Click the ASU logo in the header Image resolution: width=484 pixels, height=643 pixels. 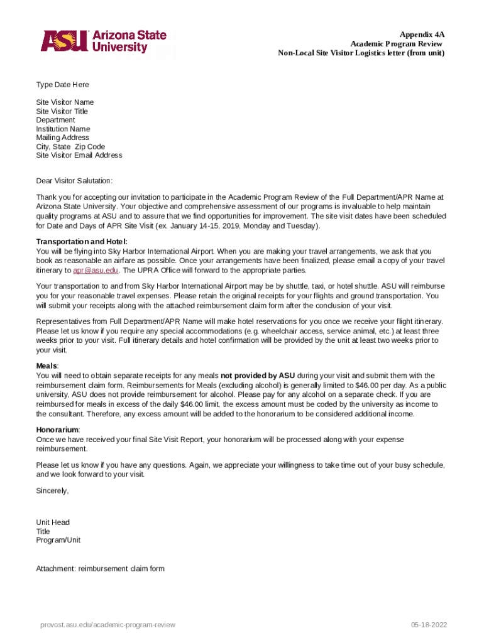tap(104, 41)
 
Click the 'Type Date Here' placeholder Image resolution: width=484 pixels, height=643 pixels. tap(62, 85)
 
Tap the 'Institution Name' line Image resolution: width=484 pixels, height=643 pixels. tap(63, 129)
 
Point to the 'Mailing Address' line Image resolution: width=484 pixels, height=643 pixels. tap(62, 138)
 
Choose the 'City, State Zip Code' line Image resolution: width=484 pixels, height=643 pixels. tap(70, 146)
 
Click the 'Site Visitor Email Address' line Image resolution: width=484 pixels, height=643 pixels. tap(79, 155)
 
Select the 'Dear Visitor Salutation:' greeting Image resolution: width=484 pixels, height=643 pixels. tap(74, 181)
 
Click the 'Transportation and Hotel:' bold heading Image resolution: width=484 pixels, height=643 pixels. tap(82, 242)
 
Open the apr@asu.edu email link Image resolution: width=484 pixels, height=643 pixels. tap(96, 270)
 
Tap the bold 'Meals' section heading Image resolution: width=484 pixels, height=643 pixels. tap(47, 366)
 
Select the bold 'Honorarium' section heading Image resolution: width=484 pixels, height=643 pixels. tap(57, 430)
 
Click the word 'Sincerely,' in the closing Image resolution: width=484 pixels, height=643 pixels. tap(52, 490)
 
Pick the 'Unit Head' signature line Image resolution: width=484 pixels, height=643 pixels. tap(53, 522)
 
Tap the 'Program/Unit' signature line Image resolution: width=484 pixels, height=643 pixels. tap(58, 540)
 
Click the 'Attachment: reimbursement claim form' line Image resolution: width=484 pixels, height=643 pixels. tap(100, 569)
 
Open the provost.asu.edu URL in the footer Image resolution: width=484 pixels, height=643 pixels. tap(107, 625)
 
